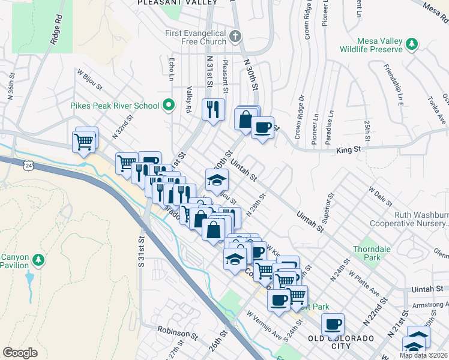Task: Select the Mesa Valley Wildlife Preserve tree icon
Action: pos(412,44)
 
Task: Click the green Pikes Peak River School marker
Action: pos(169,106)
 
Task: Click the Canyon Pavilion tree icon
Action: pos(40,260)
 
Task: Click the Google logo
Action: pos(20,353)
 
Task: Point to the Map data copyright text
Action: pos(423,355)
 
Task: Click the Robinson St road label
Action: pos(177,330)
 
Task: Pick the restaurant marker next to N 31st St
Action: pos(213,110)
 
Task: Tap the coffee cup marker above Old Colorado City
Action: pos(333,325)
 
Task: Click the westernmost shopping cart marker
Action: pos(85,142)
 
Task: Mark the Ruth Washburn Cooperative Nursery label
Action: pos(419,219)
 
